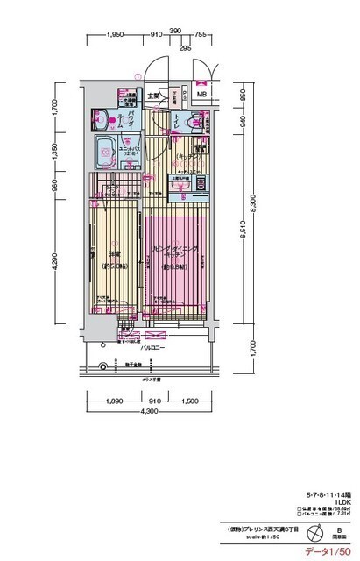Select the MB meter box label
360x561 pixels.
point(201,95)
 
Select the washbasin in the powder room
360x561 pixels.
point(101,117)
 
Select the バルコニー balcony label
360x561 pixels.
point(152,347)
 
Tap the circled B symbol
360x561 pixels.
point(337,530)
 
